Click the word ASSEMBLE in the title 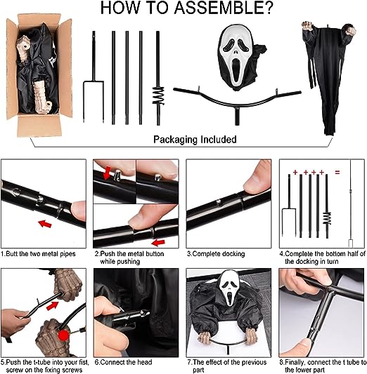point(224,8)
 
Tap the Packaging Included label point(195,140)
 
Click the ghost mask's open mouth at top point(236,72)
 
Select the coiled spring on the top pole point(158,96)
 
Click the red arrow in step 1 point(45,224)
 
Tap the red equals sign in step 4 point(337,172)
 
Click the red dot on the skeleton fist point(63,335)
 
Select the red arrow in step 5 point(53,306)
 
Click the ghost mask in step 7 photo point(228,288)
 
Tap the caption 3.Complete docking point(216,254)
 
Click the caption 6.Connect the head point(124,362)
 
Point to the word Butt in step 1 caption point(12,253)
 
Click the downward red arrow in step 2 point(108,173)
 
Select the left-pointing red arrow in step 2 point(158,243)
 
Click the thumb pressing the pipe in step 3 point(257,178)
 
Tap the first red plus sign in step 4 point(295,172)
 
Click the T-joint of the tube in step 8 point(331,290)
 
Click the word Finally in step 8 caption point(295,363)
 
